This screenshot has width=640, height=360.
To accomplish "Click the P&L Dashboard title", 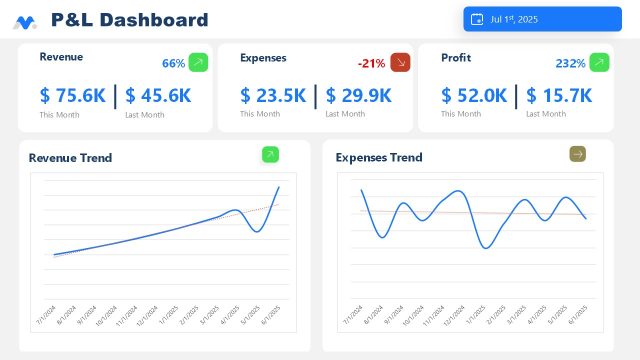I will pos(129,20).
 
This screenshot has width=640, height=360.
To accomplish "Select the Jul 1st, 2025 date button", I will pos(542,19).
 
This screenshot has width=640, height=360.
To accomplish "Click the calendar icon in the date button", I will pos(477,19).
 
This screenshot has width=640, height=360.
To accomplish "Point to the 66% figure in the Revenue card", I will pos(173,63).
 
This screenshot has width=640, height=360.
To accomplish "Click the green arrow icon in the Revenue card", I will pos(198,62).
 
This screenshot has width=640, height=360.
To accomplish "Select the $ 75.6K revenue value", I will pos(72,96).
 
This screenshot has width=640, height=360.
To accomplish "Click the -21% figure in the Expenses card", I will pos(371,63).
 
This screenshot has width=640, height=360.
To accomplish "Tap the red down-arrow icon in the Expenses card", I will pos(400,62).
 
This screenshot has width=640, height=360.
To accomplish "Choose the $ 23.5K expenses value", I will pos(273,96).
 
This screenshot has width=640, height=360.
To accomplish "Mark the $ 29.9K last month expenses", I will pos(358,96).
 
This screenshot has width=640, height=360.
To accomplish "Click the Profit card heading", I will pos(456,58).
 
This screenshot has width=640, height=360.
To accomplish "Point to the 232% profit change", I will pos(570,63).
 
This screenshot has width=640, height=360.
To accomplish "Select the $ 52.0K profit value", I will pos(474,96).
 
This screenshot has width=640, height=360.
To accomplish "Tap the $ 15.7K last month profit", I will pos(559,96).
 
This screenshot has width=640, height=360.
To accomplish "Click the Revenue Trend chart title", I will pos(70,158).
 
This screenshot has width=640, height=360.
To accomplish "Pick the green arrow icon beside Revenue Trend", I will pos(270,154).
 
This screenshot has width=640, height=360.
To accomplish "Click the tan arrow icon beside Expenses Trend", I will pos(577,153).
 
